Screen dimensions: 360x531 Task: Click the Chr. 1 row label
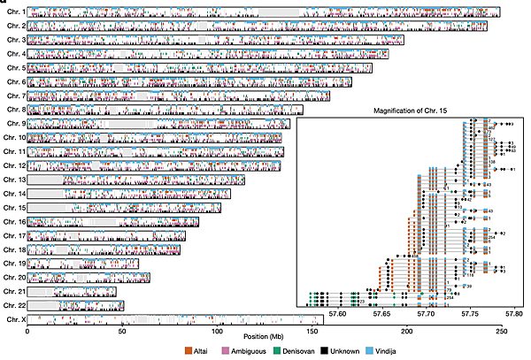(x=15, y=12)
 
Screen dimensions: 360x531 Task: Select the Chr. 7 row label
(x=15, y=96)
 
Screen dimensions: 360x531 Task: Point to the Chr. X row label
(x=15, y=318)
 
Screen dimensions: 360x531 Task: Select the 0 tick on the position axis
(x=27, y=329)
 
